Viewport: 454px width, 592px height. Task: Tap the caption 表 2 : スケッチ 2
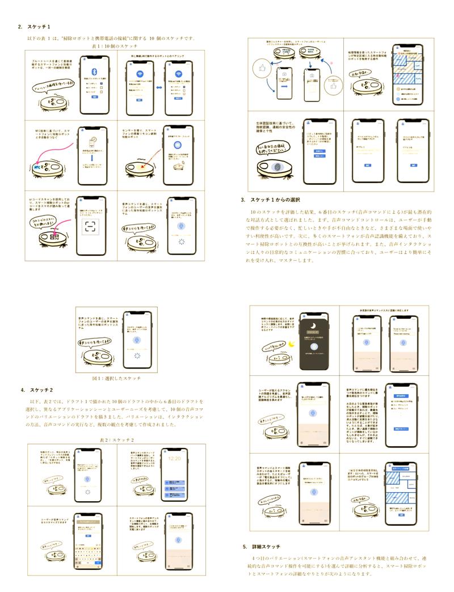116,439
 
